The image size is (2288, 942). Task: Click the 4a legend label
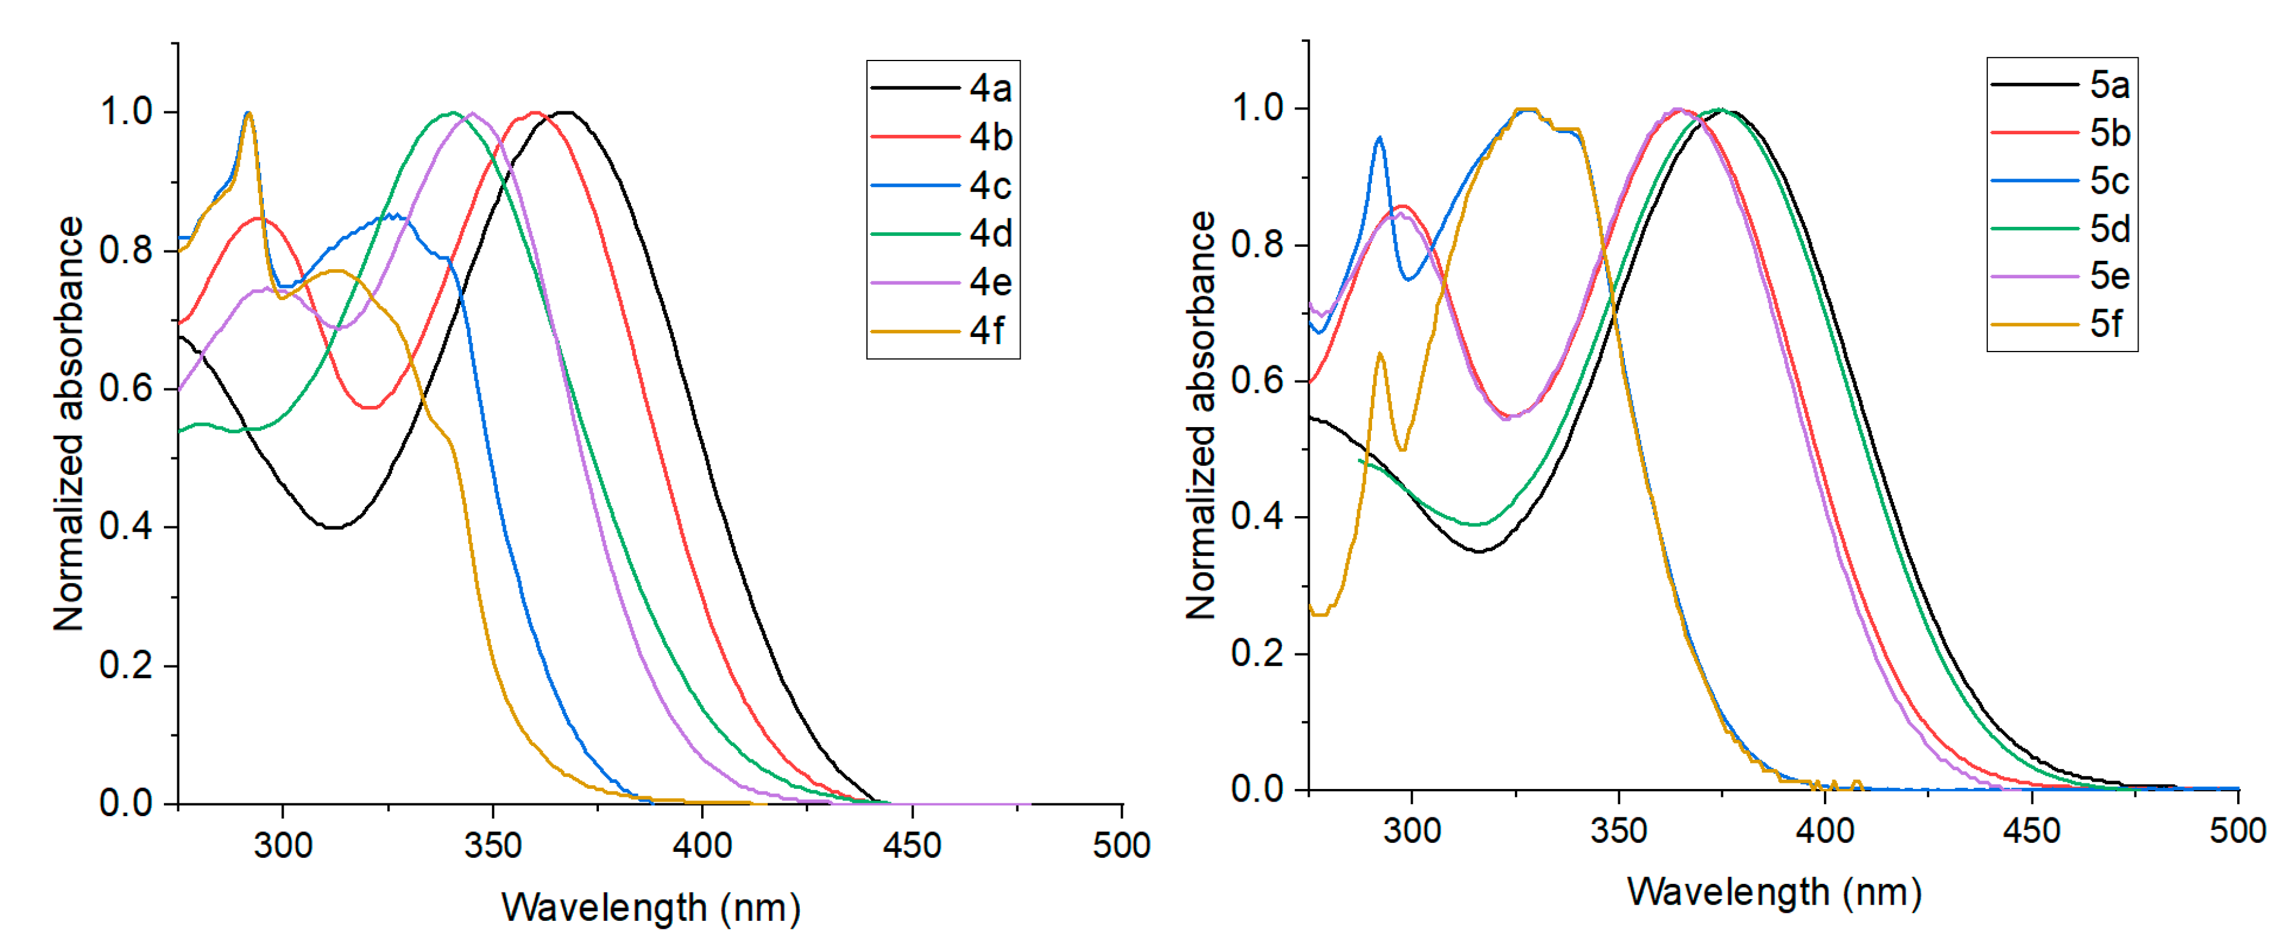[990, 88]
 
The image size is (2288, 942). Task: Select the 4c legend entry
[990, 186]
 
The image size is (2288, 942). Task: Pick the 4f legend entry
[987, 331]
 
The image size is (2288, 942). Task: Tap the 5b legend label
[2110, 133]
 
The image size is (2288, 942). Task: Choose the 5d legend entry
[2110, 229]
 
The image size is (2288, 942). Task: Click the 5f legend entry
[2106, 324]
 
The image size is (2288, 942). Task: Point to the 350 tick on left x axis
[493, 845]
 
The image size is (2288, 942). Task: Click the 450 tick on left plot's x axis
[912, 845]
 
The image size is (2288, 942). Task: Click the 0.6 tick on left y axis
[125, 389]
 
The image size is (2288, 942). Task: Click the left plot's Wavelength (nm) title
[651, 908]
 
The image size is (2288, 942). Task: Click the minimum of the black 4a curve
[334, 528]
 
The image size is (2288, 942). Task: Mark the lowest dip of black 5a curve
[1479, 551]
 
